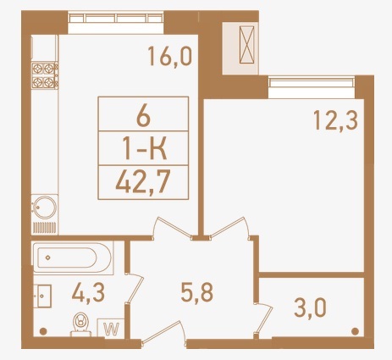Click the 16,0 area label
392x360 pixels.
[170, 57]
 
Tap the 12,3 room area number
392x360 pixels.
[336, 120]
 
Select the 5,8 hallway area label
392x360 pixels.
[196, 292]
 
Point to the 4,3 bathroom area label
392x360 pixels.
[88, 292]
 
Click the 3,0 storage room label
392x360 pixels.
[310, 307]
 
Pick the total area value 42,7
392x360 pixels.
[143, 182]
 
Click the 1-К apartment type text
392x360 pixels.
[145, 148]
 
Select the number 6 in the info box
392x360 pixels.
[143, 116]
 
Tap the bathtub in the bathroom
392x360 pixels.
[73, 258]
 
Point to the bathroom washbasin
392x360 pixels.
[42, 296]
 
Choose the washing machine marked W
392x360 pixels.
[111, 328]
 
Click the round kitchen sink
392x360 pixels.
[45, 208]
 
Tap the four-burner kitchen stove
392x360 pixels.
[45, 75]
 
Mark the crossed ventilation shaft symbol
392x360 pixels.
[246, 45]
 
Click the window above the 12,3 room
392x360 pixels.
[312, 83]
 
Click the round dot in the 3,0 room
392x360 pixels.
[355, 331]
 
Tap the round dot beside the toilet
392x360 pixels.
[43, 331]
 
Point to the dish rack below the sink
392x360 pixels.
[45, 228]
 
